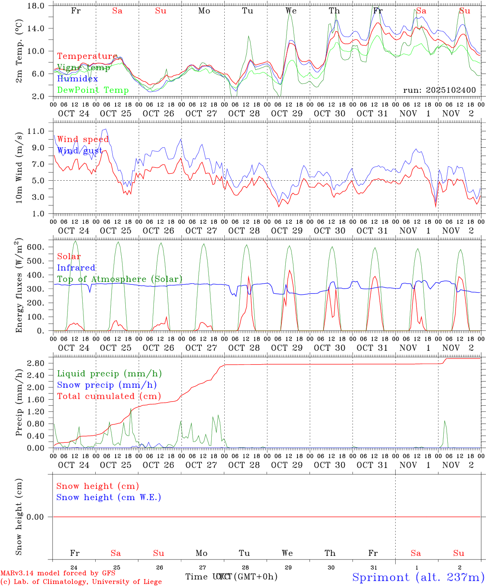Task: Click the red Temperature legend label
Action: coord(87,56)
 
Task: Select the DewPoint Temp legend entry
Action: coord(93,90)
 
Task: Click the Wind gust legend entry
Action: coord(80,151)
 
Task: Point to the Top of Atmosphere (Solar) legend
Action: coord(119,279)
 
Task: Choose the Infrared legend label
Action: coord(76,268)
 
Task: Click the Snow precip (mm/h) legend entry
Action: coord(107,385)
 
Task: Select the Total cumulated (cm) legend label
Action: coord(109,396)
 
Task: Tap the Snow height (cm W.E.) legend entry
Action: coord(108,497)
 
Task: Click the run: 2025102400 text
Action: coord(439,90)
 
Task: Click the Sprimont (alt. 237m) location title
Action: coord(418,577)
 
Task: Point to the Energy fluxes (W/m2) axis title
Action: coord(19,286)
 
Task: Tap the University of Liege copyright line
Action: coord(81,582)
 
